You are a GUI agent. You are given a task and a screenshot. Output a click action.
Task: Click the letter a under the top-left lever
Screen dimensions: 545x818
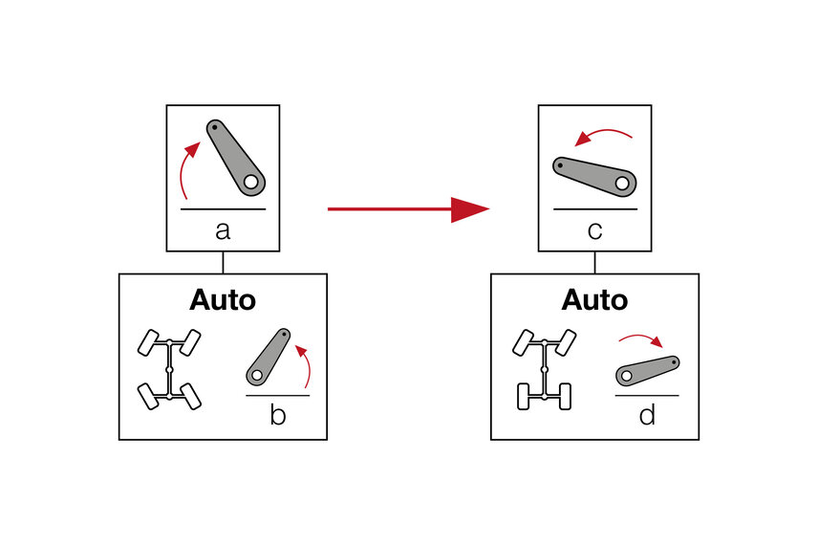pos(223,230)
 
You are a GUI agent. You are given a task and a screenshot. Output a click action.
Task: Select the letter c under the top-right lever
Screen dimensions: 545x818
pos(594,230)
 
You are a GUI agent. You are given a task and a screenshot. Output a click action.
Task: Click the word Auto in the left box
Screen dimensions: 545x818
pos(223,299)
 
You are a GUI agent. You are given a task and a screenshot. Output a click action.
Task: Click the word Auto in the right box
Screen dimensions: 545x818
pos(594,299)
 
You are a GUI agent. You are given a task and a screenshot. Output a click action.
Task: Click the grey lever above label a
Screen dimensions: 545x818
pos(234,155)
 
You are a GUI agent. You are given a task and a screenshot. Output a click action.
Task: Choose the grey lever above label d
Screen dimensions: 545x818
pos(647,370)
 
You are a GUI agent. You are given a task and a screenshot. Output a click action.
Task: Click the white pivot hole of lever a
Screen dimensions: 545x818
pos(251,181)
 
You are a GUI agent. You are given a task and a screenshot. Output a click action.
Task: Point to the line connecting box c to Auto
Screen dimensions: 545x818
pos(594,262)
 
